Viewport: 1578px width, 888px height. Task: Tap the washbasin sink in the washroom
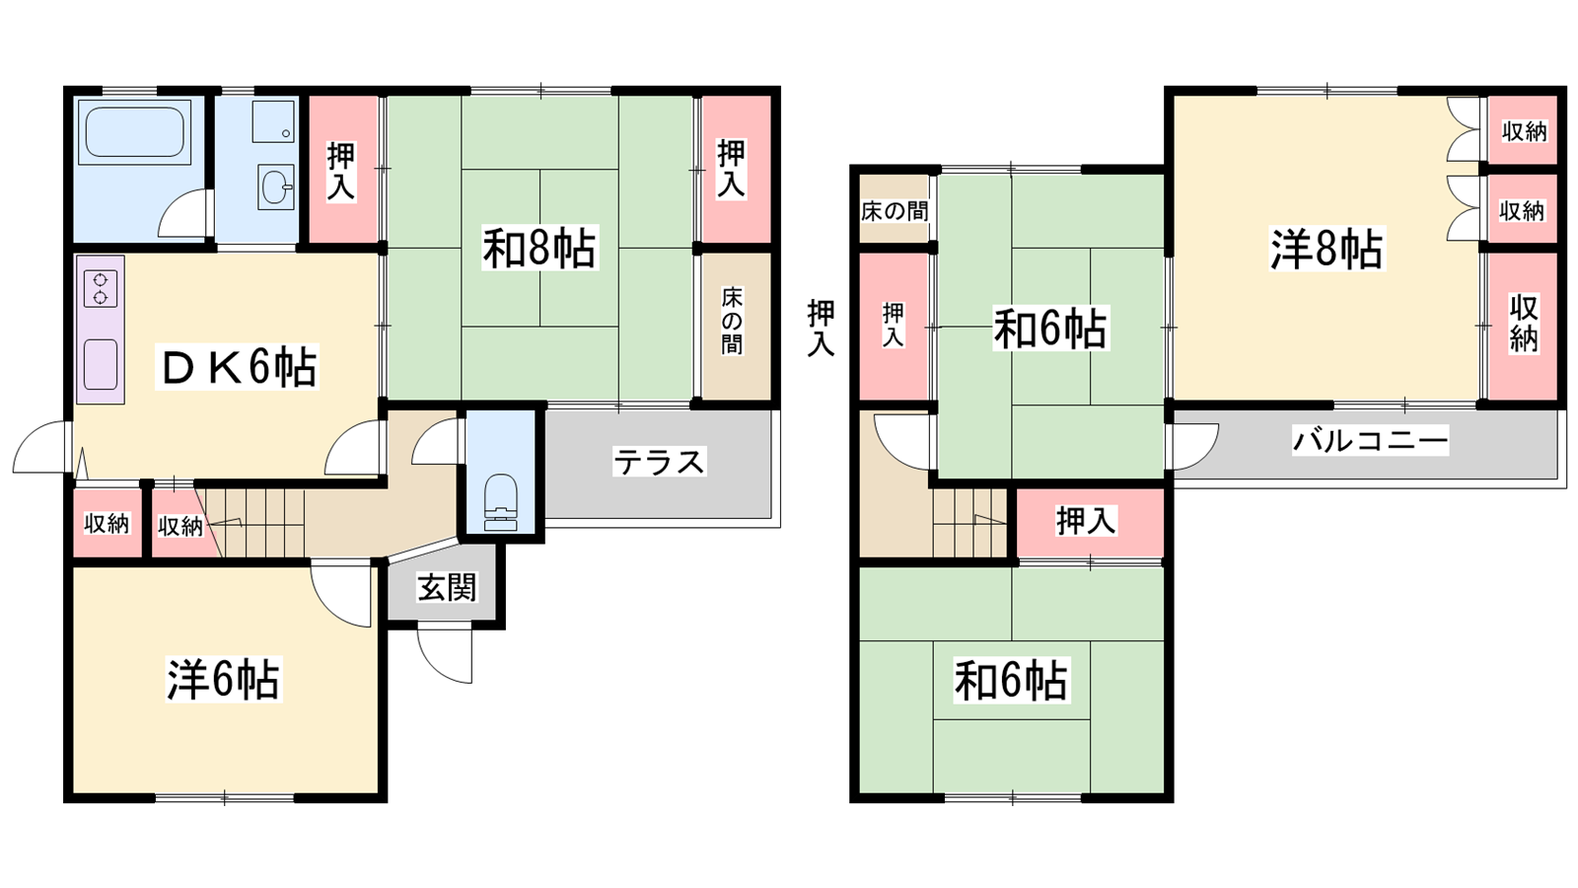tap(275, 186)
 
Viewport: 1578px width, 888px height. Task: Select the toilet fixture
tap(501, 502)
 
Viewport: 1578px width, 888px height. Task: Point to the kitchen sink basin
tap(100, 364)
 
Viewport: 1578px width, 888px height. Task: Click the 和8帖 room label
tap(539, 248)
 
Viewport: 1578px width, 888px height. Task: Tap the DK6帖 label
tap(238, 366)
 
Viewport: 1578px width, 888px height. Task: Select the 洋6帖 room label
tap(223, 680)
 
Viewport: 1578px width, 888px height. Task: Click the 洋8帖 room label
tap(1327, 249)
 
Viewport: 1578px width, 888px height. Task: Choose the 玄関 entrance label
tap(447, 587)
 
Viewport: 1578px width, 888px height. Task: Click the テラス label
tap(659, 463)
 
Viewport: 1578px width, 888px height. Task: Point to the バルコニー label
tap(1370, 440)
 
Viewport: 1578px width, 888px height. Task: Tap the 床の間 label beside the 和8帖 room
tap(732, 322)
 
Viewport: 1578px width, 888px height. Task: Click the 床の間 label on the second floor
tap(894, 211)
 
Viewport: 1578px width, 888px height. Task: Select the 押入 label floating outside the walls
tap(821, 328)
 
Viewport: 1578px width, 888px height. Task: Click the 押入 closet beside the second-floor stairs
tap(1089, 522)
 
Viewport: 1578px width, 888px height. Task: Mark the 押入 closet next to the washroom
tap(342, 170)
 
